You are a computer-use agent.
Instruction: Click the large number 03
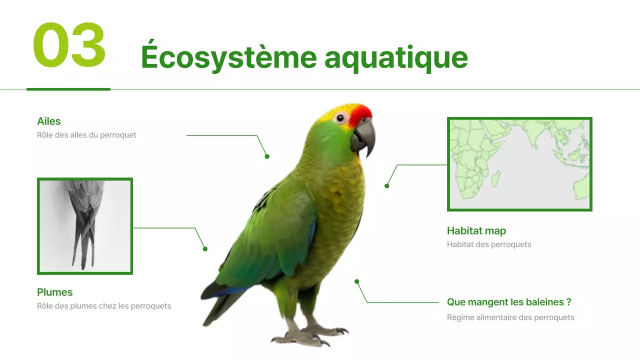(x=69, y=46)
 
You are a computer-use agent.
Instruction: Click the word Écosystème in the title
(x=228, y=57)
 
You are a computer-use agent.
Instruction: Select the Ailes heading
(x=49, y=121)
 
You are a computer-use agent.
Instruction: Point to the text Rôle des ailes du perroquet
(x=86, y=135)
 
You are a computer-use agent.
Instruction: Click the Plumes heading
(x=55, y=292)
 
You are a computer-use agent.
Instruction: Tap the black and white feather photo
(x=85, y=226)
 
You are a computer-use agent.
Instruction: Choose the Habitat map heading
(x=476, y=230)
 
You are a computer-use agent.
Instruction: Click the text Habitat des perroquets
(x=489, y=244)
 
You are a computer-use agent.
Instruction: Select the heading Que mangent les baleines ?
(x=509, y=302)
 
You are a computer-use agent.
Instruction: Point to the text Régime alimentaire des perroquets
(x=510, y=317)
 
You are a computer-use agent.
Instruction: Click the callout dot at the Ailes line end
(x=267, y=156)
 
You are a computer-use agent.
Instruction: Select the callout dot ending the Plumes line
(x=205, y=249)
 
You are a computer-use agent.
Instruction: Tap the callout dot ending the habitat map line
(x=386, y=186)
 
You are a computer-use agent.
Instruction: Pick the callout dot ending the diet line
(x=357, y=281)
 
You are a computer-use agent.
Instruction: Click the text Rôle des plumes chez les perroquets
(x=104, y=306)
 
